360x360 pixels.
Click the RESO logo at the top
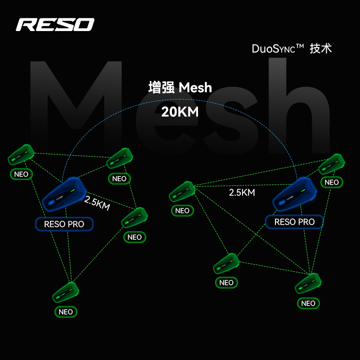[55, 24]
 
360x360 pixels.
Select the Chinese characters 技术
[321, 49]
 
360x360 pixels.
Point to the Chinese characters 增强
[162, 87]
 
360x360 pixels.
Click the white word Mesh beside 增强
[195, 87]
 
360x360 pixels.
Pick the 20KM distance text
[180, 112]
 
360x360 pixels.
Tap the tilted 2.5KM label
[97, 203]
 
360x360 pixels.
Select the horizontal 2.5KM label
[242, 193]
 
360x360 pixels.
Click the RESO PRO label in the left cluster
[64, 224]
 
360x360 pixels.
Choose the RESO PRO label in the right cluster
[294, 222]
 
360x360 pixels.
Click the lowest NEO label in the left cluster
[66, 312]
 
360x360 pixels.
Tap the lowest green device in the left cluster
[66, 292]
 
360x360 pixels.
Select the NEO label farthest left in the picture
[21, 174]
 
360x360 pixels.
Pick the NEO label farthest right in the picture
[332, 182]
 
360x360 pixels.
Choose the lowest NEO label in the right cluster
[308, 303]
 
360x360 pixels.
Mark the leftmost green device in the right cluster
[182, 191]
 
